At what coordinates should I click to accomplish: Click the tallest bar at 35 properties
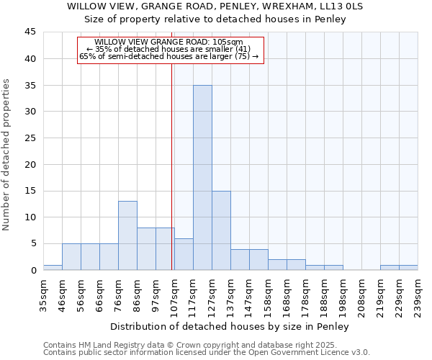click(202, 178)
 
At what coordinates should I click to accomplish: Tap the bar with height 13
click(127, 235)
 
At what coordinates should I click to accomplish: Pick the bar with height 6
click(184, 254)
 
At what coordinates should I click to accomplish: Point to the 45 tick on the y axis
click(30, 32)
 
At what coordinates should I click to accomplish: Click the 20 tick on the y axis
click(30, 164)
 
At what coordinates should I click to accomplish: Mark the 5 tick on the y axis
click(33, 243)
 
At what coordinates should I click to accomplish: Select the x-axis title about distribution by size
click(230, 327)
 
